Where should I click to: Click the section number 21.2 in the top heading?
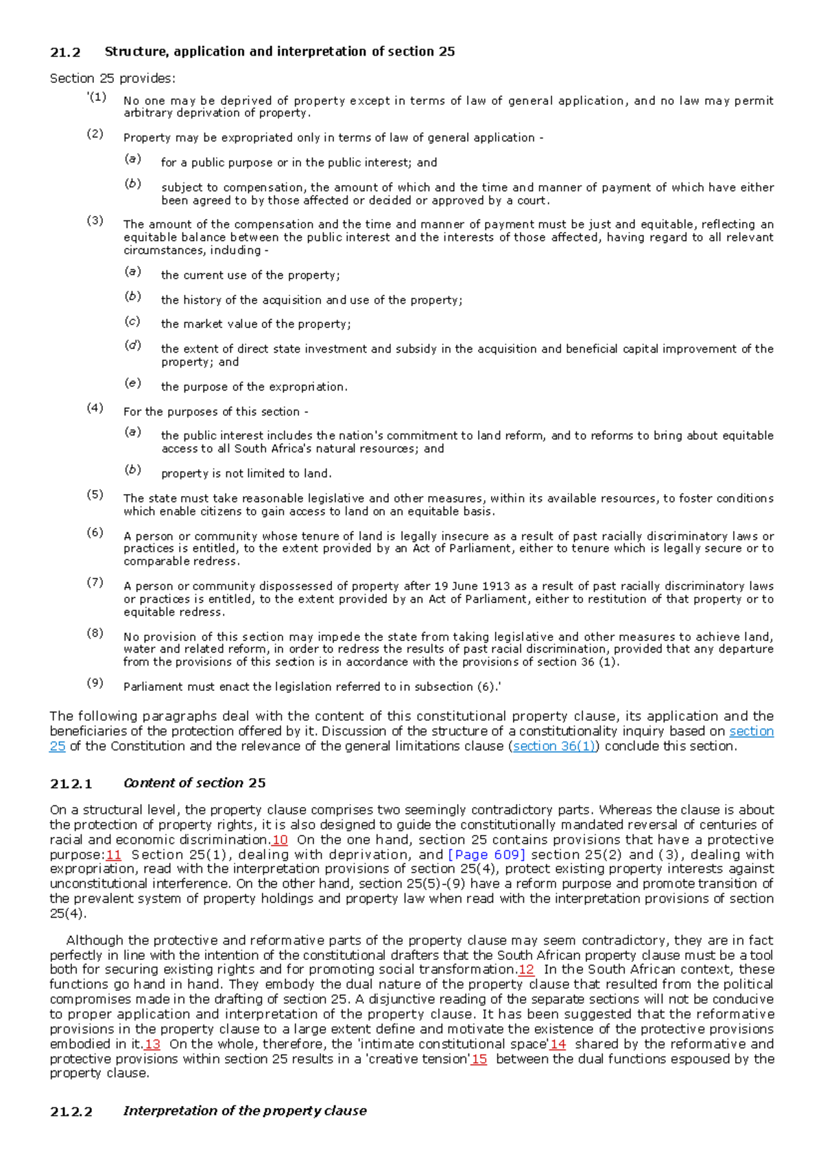(65, 52)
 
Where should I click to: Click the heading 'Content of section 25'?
(194, 783)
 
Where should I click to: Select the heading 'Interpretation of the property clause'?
(245, 1111)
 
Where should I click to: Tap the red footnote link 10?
(280, 840)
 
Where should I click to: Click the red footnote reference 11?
(113, 855)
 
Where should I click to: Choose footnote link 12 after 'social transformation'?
(526, 969)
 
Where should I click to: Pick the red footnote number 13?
(152, 1044)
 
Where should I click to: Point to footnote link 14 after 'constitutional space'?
(558, 1044)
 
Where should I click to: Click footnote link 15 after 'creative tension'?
(479, 1059)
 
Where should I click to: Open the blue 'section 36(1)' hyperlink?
(554, 746)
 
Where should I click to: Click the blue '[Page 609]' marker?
(486, 855)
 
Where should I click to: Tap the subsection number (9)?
(95, 683)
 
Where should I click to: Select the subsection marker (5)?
(95, 495)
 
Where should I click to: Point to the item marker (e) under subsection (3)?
(132, 383)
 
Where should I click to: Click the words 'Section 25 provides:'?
(112, 78)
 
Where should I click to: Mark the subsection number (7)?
(95, 582)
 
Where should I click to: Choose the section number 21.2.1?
(71, 784)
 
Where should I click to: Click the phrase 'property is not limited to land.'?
(246, 473)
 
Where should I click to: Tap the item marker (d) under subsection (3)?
(132, 345)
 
